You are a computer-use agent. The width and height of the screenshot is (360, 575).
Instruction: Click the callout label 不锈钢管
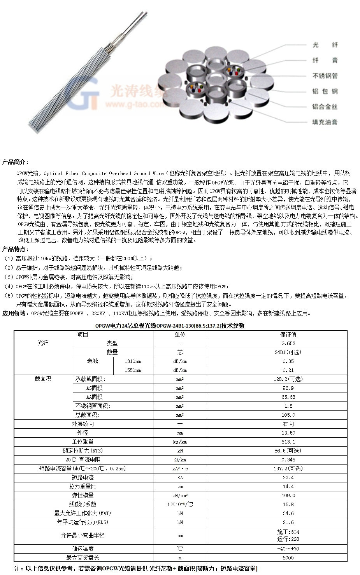325,75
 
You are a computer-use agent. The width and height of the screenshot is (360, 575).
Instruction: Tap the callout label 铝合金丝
325,106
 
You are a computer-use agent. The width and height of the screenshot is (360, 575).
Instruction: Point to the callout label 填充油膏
325,122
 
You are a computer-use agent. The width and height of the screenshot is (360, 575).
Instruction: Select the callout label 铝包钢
325,91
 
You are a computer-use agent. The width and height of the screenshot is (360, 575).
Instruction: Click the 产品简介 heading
15,162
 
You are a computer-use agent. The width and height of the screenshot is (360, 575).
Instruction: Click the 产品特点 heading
15,249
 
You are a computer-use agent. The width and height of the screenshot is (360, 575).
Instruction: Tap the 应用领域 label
15,313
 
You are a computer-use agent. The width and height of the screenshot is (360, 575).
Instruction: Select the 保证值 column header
288,335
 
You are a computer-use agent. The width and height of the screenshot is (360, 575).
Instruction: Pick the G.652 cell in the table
288,344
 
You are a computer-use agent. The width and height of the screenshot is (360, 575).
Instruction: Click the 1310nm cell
132,361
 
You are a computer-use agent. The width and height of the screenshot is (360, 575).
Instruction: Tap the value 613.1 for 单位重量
288,442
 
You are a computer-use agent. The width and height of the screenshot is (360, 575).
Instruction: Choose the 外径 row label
83,433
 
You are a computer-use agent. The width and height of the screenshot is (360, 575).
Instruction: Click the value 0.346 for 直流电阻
288,460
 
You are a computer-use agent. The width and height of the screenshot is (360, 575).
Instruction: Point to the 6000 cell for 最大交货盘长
288,558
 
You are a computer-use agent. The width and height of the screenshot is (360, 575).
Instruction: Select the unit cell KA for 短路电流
180,478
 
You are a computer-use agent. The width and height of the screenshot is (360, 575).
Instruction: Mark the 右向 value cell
288,424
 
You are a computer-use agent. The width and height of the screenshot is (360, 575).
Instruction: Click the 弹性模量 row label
83,496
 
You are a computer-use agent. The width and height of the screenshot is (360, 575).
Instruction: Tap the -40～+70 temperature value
288,549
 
